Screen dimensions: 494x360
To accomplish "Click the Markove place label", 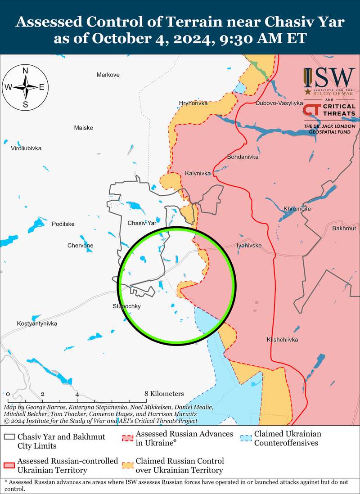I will coord(108,75).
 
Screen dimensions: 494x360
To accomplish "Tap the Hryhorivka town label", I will coord(193,103).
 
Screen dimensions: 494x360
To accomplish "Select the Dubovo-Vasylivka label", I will coord(279,103).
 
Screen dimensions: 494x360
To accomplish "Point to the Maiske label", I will coord(83,128).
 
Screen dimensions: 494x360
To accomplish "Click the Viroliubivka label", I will coord(26,148).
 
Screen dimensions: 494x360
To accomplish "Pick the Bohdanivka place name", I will coord(243,157).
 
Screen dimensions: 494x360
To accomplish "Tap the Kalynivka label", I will coord(198,173).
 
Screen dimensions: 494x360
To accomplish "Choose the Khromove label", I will coord(297,209).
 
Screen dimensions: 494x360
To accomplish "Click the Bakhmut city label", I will coord(344,229).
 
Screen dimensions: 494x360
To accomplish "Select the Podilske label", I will coord(63,224).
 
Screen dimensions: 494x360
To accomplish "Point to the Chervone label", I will coord(81,245).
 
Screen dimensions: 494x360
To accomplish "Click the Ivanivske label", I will coord(249,246).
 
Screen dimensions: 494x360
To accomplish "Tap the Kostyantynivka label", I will coord(37,323).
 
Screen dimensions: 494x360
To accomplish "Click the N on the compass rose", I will coord(26,71).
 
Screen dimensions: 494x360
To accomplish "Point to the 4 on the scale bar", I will coord(77,394).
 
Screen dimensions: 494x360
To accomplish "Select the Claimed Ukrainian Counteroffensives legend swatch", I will coord(246,437).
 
